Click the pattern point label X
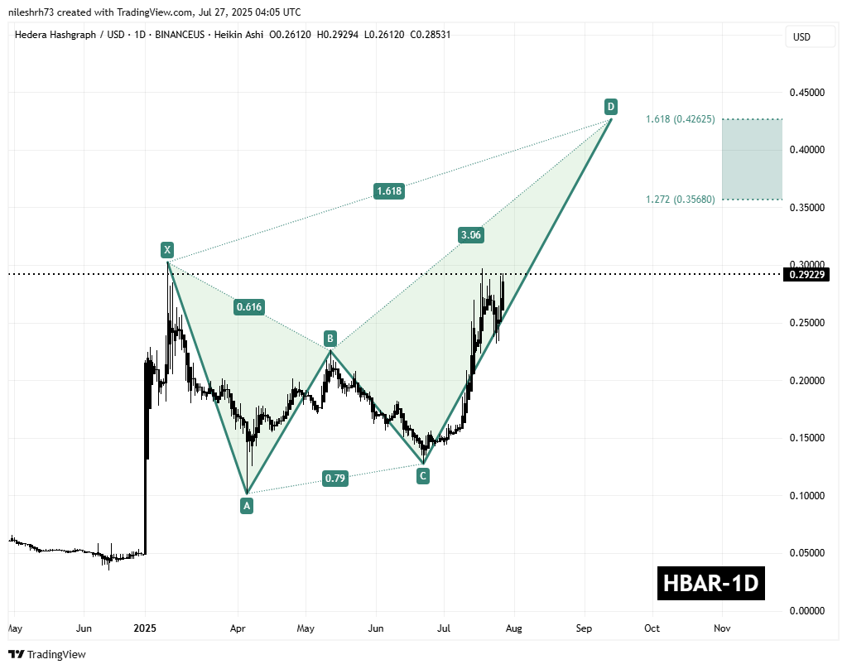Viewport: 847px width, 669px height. click(167, 249)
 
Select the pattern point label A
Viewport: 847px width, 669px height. click(246, 504)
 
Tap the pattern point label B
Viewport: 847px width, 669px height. click(330, 339)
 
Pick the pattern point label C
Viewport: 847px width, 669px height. click(423, 476)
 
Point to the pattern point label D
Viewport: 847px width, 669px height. click(610, 107)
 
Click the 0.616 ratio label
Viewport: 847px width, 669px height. click(248, 307)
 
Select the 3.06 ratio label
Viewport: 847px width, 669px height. click(471, 235)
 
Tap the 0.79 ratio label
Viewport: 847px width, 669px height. click(335, 478)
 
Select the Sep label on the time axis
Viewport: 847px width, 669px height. click(585, 628)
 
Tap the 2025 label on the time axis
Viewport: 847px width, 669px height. click(145, 628)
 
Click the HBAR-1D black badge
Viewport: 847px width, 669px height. click(710, 584)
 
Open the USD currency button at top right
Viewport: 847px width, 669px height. click(801, 37)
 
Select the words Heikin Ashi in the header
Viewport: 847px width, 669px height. click(262, 34)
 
